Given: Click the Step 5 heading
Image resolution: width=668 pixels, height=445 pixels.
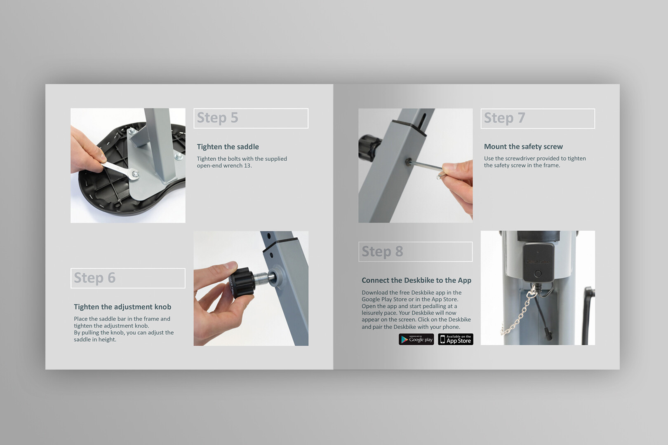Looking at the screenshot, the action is pyautogui.click(x=217, y=118).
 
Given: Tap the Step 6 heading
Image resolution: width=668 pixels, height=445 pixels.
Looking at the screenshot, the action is pyautogui.click(x=94, y=278).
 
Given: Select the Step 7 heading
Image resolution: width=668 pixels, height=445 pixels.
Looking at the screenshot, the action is pyautogui.click(x=504, y=118).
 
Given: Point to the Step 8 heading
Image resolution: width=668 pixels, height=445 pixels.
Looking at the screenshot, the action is pyautogui.click(x=382, y=251).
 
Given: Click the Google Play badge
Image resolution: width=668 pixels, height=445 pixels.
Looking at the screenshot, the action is pyautogui.click(x=416, y=339).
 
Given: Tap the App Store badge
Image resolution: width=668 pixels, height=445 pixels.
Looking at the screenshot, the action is pyautogui.click(x=456, y=339).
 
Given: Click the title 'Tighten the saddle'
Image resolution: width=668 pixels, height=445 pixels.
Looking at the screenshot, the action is pyautogui.click(x=228, y=147).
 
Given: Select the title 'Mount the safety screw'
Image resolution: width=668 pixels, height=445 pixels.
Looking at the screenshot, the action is pyautogui.click(x=523, y=147).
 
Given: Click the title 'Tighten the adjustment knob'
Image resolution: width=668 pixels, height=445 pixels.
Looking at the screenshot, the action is pyautogui.click(x=122, y=307).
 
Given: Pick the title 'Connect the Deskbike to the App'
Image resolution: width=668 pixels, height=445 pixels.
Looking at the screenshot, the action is pyautogui.click(x=416, y=280).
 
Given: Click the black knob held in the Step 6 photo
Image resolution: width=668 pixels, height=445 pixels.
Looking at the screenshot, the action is pyautogui.click(x=241, y=282).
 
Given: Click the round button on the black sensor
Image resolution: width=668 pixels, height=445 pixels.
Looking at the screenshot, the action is pyautogui.click(x=538, y=273).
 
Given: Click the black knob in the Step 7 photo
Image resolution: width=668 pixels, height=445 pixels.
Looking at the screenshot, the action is pyautogui.click(x=369, y=148).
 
